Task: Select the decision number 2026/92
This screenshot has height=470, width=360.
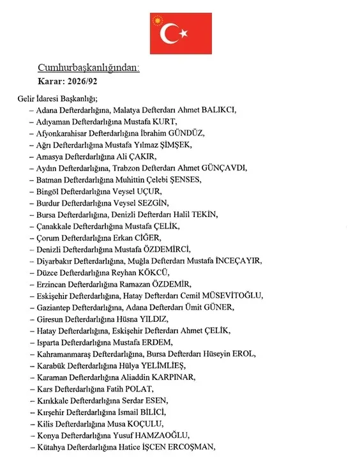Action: click(x=83, y=81)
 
